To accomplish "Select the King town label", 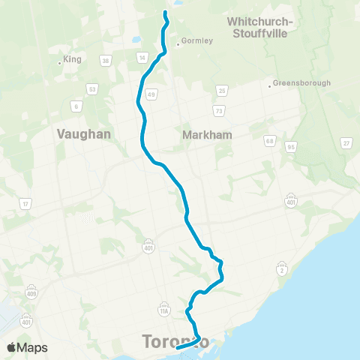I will [73, 58].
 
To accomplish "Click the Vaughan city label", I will [83, 133].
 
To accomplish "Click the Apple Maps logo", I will [26, 347].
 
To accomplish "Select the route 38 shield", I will [106, 61].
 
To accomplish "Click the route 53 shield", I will [92, 89].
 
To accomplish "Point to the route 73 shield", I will [218, 110].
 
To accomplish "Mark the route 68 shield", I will [269, 139].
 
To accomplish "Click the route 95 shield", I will [290, 146].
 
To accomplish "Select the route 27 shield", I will [346, 142].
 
